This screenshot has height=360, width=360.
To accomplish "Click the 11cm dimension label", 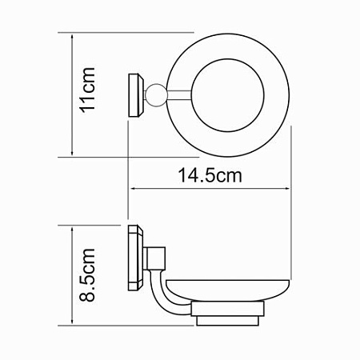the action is pyautogui.click(x=87, y=90).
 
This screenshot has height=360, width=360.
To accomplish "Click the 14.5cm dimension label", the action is pyautogui.click(x=210, y=175).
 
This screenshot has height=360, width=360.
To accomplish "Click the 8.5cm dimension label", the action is pyautogui.click(x=87, y=275).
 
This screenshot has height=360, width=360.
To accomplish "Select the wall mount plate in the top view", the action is pyautogui.click(x=136, y=95).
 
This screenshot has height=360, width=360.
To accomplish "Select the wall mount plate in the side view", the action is pyautogui.click(x=136, y=258).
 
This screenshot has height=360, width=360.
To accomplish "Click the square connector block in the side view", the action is pyautogui.click(x=155, y=258).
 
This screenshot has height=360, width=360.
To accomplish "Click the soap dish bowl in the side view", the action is pyautogui.click(x=228, y=290).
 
